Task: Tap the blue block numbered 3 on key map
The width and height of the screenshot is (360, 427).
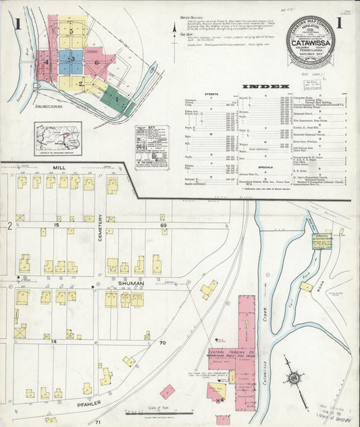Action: [70, 61]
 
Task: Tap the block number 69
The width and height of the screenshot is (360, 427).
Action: [163, 224]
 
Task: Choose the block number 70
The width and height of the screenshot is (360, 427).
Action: [162, 343]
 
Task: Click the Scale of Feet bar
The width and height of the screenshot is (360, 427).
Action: [157, 412]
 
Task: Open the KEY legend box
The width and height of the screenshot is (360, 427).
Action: [151, 146]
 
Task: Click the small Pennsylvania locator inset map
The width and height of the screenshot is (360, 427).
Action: [58, 138]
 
